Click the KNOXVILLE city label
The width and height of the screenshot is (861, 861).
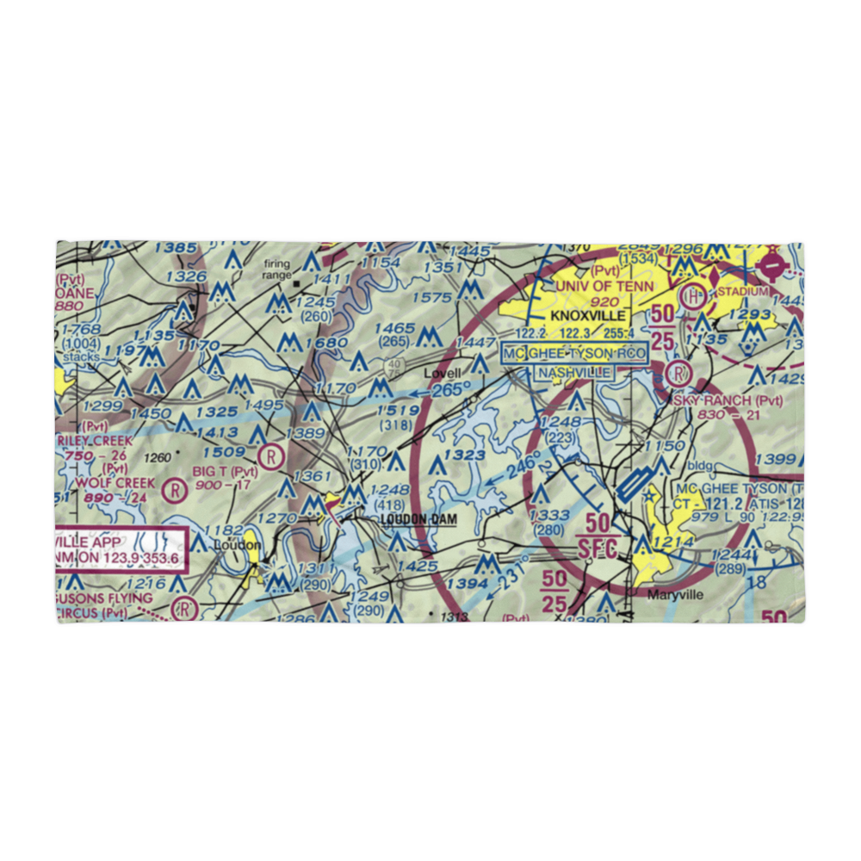tap(590, 315)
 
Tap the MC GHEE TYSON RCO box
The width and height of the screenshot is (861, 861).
tap(573, 353)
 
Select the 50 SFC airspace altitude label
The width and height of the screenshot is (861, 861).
tap(598, 535)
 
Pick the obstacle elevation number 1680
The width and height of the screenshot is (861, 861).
tap(325, 344)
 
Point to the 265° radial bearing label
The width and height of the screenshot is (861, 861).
tap(451, 390)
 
